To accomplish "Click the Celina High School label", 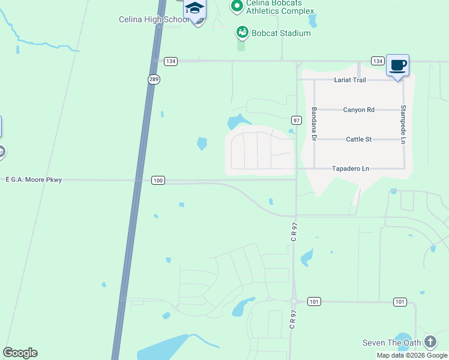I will (x=154, y=20).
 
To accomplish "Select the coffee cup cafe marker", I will (x=398, y=65).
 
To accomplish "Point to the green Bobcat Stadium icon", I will (x=243, y=32).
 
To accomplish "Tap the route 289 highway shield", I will (x=154, y=79).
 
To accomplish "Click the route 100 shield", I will (x=158, y=181).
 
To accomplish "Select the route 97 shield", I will (x=296, y=120).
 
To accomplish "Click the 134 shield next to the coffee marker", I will (x=377, y=61).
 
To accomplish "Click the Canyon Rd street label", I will (x=359, y=110).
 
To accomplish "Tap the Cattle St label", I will (x=359, y=139).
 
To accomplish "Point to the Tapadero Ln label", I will (x=351, y=169).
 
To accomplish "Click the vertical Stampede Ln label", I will (x=403, y=124).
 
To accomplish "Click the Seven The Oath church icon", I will (x=430, y=343).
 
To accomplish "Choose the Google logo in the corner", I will (x=20, y=353).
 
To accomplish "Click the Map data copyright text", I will (x=411, y=355).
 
